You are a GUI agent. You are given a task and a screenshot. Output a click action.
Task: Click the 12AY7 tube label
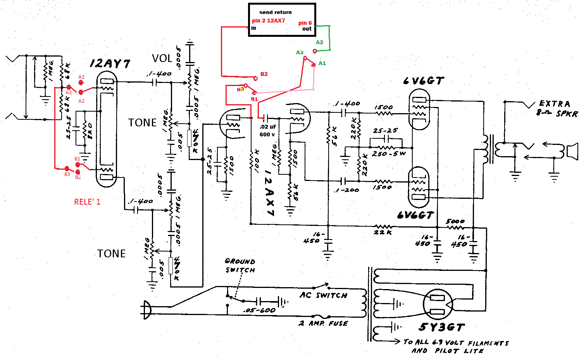point(110,64)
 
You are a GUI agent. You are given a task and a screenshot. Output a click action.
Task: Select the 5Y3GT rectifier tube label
point(441,327)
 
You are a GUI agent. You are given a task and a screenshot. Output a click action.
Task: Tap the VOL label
point(162,59)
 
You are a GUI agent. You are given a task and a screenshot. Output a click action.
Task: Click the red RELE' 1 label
point(87,202)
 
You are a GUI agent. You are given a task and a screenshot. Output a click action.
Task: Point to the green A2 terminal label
point(319,42)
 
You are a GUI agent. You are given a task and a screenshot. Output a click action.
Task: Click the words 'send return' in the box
point(276,12)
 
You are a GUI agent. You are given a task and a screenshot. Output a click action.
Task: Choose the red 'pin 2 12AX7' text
point(269,21)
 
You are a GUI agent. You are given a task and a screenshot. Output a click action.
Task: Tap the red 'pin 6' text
point(305,23)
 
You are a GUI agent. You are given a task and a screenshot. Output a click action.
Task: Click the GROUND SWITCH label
point(240,265)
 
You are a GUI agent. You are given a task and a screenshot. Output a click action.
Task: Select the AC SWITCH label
point(324,295)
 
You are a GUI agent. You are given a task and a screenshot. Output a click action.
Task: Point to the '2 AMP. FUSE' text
point(323,323)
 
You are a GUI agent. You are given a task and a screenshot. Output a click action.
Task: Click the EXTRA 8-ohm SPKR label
point(557,109)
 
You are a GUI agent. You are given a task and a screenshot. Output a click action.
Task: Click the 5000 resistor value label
point(455,221)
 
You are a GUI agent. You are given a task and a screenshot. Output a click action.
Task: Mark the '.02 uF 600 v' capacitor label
point(268,131)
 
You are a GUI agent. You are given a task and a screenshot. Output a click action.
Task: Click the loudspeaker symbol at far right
point(572,151)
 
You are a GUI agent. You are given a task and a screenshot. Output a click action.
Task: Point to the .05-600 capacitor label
point(260,310)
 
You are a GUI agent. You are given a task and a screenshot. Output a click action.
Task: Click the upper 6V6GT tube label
point(423,81)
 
